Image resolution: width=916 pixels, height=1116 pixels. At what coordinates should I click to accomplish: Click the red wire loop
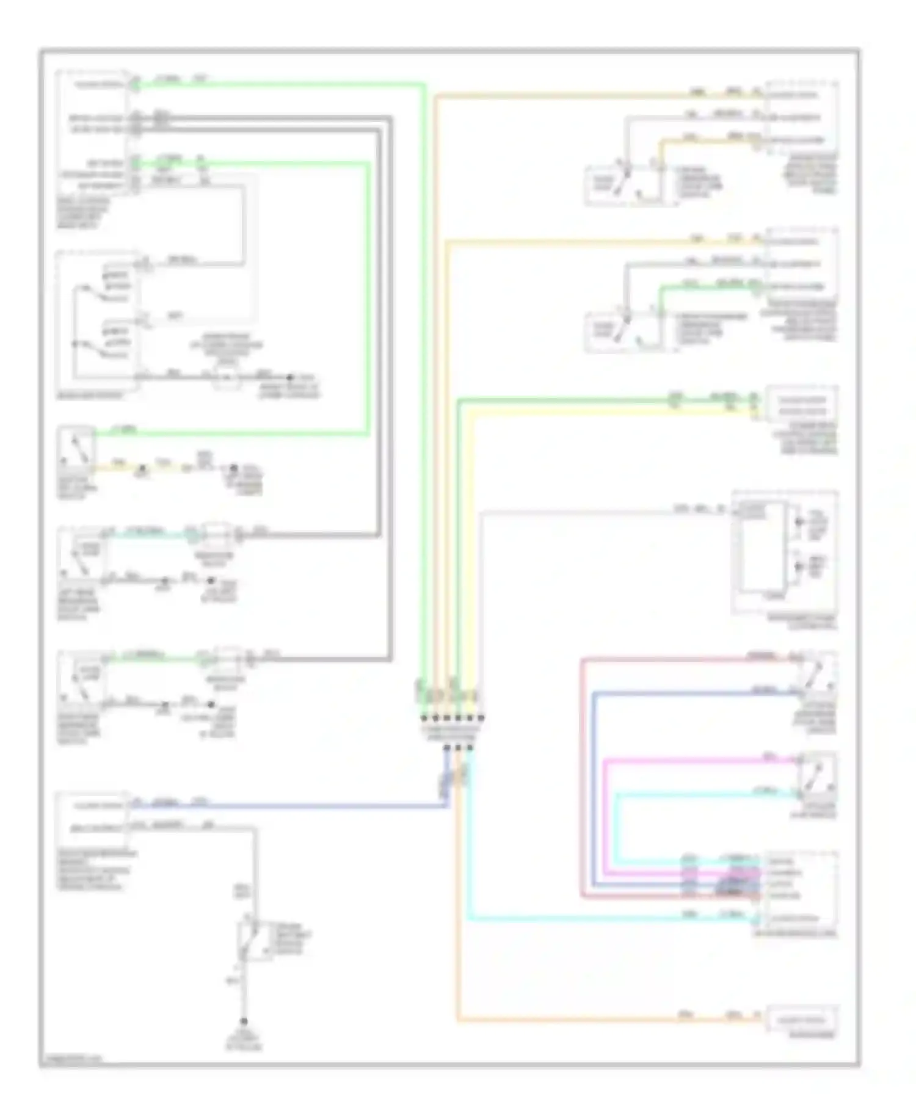[x=581, y=775]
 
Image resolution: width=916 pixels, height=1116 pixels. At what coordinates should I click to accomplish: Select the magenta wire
[x=605, y=812]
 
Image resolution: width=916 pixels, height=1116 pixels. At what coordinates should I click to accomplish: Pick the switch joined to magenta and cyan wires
[x=818, y=775]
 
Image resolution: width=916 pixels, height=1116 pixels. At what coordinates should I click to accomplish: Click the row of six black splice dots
[x=452, y=718]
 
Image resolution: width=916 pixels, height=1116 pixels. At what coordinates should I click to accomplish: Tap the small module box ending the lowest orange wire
[x=800, y=1020]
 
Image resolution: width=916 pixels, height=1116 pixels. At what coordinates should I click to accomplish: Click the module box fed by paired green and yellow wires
[x=801, y=405]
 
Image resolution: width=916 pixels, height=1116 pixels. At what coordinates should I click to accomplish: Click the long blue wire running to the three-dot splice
[x=287, y=807]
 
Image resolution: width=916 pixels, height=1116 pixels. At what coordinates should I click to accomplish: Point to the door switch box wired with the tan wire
[x=623, y=185]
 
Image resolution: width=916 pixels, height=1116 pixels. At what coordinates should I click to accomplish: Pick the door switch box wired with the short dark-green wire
[x=623, y=333]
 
